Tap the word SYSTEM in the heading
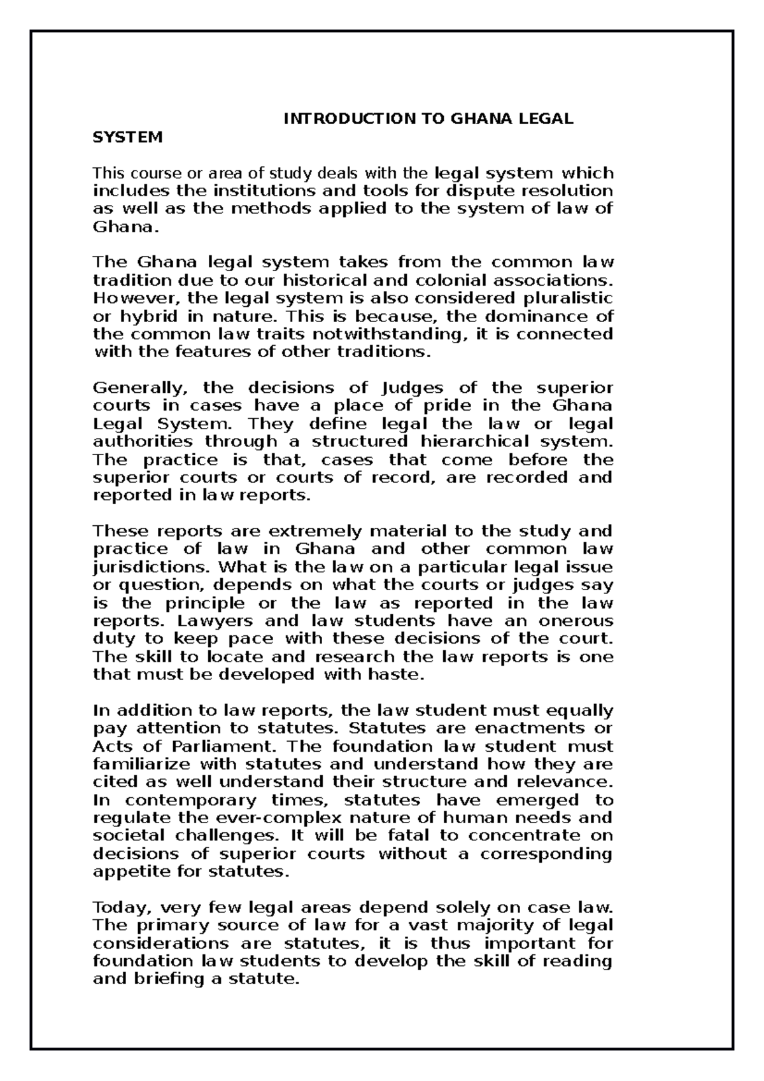pos(128,137)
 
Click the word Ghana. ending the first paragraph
pos(123,227)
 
